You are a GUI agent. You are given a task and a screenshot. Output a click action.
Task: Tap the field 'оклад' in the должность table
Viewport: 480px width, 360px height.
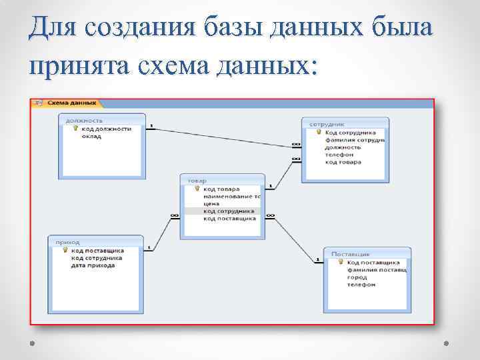(x=91, y=137)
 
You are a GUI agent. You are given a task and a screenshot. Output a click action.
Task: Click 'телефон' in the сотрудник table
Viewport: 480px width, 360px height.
(x=339, y=155)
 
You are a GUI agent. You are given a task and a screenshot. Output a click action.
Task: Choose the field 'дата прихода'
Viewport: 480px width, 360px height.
(x=93, y=265)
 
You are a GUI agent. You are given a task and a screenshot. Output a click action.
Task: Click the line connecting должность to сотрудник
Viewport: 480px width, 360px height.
(x=220, y=135)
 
